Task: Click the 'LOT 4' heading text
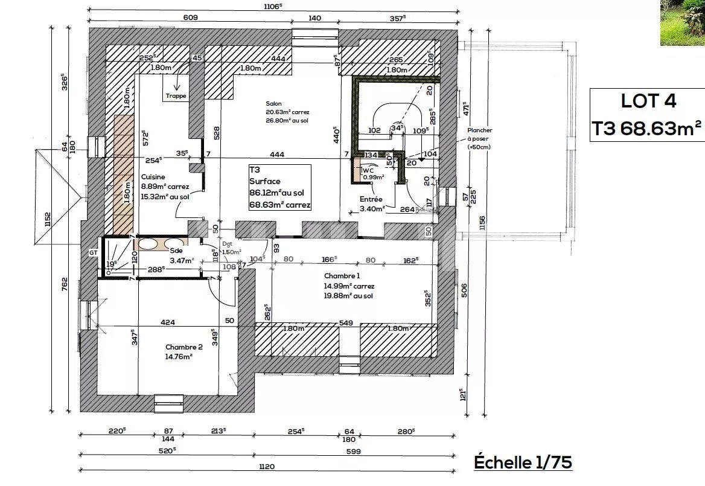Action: pyautogui.click(x=648, y=101)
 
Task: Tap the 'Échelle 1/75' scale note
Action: pyautogui.click(x=523, y=462)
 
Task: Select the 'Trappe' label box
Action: pyautogui.click(x=176, y=96)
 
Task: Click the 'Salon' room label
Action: pyautogui.click(x=273, y=103)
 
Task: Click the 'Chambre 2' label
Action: pyautogui.click(x=183, y=347)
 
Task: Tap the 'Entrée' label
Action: pyautogui.click(x=372, y=199)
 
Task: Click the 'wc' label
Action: pyautogui.click(x=369, y=170)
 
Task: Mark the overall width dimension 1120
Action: pyautogui.click(x=266, y=465)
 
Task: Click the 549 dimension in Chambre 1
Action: pyautogui.click(x=345, y=323)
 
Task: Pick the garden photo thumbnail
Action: pyautogui.click(x=682, y=22)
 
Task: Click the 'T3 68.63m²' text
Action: pyautogui.click(x=646, y=127)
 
